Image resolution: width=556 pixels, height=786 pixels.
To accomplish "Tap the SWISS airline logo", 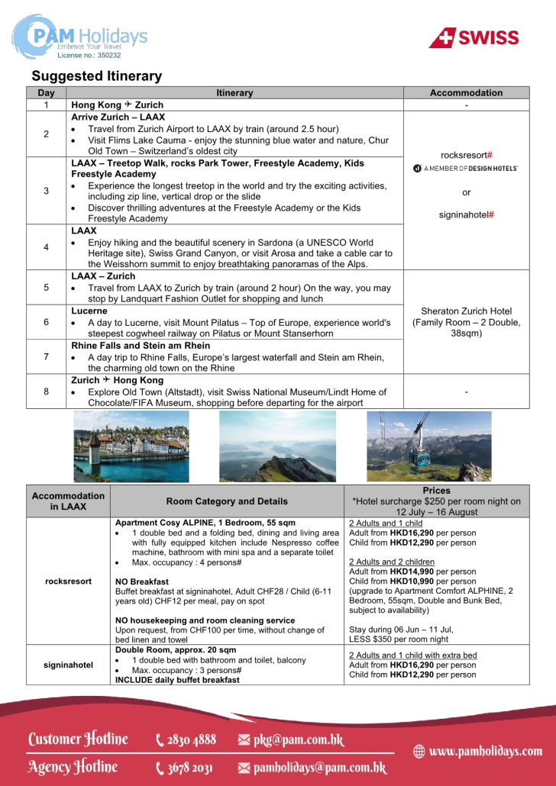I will (474, 37).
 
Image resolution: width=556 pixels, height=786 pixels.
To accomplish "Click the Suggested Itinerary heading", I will (96, 76).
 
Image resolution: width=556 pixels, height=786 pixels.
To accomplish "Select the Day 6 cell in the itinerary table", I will (46, 322).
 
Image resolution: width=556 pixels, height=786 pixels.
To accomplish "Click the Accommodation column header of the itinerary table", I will (466, 93).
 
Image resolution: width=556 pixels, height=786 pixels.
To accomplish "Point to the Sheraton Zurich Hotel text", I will (466, 311).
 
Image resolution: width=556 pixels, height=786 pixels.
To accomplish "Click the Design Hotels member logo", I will (466, 168).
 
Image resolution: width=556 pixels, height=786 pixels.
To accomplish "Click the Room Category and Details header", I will (227, 501).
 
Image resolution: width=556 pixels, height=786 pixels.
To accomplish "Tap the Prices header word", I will (436, 491).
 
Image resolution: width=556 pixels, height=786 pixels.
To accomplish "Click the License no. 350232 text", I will (89, 55).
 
